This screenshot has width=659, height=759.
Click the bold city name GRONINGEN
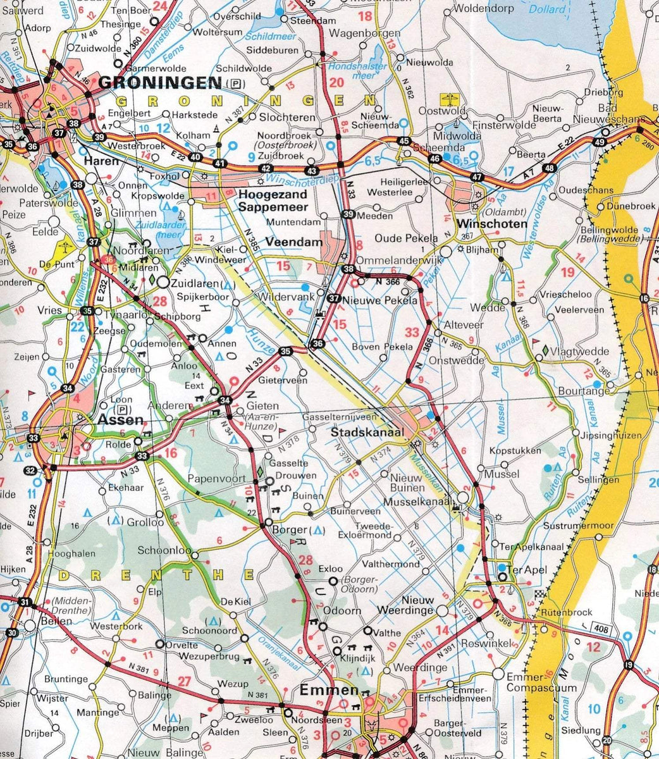pos(161,83)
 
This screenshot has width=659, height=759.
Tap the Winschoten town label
pos(483,224)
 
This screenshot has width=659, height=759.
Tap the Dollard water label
pos(547,9)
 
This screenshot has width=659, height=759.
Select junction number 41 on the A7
pos(219,163)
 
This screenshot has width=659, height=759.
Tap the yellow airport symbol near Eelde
pos(66,246)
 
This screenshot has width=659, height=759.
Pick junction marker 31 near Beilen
pos(25,602)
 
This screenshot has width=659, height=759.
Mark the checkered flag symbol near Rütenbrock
pos(539,594)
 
